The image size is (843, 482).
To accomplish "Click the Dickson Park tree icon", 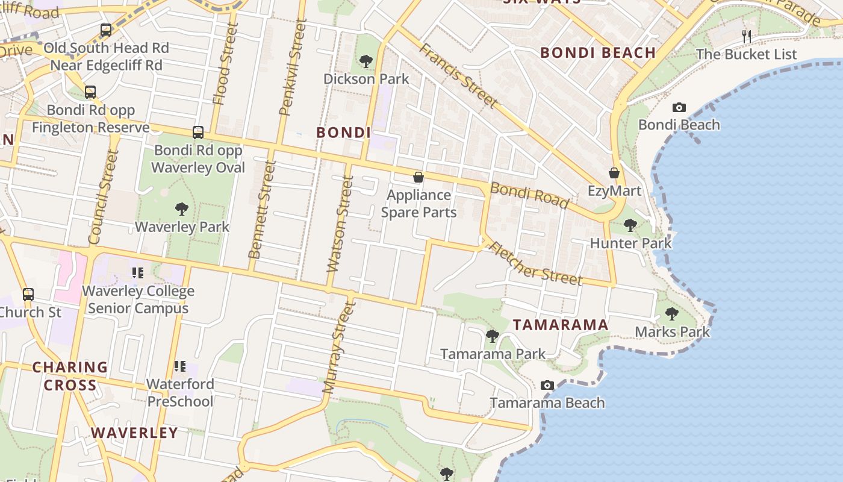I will click(366, 61).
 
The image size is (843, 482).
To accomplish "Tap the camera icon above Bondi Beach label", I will click(679, 107).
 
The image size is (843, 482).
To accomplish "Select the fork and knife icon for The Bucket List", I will click(747, 36).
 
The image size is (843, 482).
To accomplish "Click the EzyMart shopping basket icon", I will click(614, 174).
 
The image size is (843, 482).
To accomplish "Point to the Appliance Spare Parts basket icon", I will click(418, 177).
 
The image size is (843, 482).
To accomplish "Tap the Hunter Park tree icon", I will click(630, 225).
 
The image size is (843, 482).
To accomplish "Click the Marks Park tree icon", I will click(672, 314).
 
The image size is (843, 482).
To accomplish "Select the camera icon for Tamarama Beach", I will click(547, 385).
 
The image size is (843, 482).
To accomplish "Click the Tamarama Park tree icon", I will click(493, 336).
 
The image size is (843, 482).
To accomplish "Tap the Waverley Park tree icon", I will click(182, 209).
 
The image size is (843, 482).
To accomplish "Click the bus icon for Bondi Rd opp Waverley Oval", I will click(198, 133).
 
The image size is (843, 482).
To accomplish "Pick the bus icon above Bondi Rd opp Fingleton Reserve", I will click(90, 92).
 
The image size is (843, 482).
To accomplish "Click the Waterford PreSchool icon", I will click(179, 366).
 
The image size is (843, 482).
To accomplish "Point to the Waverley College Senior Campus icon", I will click(138, 274).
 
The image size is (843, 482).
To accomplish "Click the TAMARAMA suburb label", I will click(561, 325).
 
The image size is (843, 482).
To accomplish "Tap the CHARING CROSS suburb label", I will click(70, 376).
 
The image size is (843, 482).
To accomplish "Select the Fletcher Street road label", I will click(535, 263).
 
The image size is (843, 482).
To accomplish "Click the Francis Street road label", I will click(459, 76).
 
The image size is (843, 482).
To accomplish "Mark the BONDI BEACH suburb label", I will click(598, 52).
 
